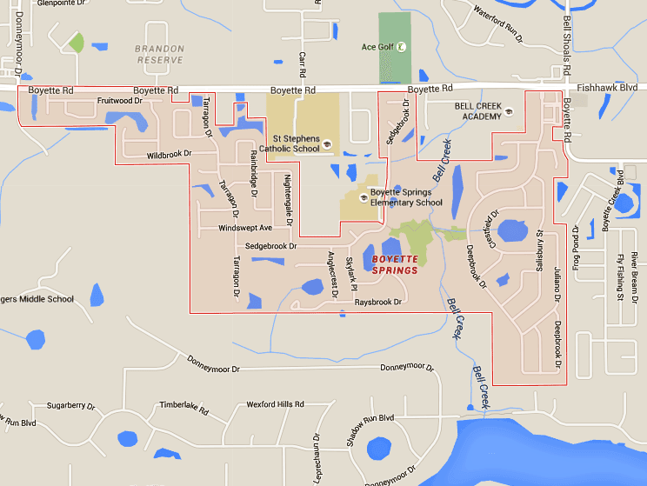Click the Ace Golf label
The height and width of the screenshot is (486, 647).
point(377,47)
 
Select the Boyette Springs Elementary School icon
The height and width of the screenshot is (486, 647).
point(363,197)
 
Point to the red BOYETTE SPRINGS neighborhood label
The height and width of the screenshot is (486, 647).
point(395,265)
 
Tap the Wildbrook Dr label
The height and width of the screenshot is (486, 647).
point(169,155)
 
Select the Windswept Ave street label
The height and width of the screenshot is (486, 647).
point(246,228)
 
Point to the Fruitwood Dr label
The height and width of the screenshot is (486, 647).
point(119,101)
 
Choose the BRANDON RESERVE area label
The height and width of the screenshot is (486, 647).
point(159,55)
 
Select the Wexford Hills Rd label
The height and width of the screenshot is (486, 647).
point(275,404)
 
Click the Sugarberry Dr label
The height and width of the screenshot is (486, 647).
point(70,406)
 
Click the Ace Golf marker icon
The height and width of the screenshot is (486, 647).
point(401,47)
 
